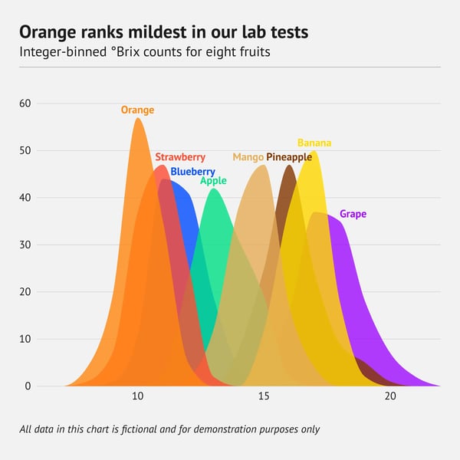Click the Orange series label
tap(137, 110)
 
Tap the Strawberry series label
tap(180, 157)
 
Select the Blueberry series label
tap(192, 172)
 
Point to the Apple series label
tap(213, 181)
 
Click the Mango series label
tap(248, 157)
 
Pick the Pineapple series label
tap(289, 157)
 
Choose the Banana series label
tap(314, 143)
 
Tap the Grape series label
tap(353, 214)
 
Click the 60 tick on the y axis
tap(25, 103)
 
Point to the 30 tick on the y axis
tap(25, 245)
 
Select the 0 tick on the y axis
tap(28, 386)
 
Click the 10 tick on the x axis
tap(138, 396)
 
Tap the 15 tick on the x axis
tap(264, 396)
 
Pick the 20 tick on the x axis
tap(390, 396)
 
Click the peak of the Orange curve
tap(137, 118)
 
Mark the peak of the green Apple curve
tap(214, 189)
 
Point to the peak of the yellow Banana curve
tap(314, 151)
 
